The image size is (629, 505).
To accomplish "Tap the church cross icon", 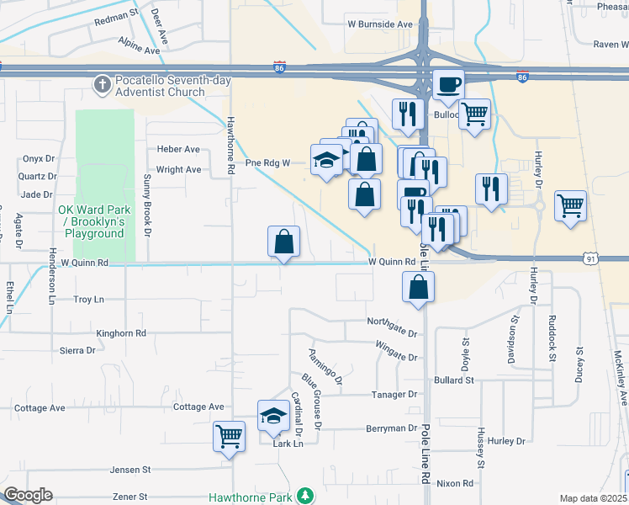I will [x=102, y=83].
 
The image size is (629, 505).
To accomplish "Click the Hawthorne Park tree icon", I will [x=307, y=496].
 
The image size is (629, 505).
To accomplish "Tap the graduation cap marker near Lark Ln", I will [x=272, y=416].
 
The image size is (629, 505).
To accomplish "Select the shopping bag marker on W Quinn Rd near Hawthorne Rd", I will [x=284, y=242].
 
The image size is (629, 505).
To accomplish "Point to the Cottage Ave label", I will [x=40, y=408].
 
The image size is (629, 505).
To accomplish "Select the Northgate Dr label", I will [x=392, y=322].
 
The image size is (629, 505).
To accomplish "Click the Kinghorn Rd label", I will [x=121, y=333].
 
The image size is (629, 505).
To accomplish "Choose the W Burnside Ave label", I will [x=380, y=24].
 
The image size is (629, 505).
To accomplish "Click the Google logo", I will [x=27, y=495].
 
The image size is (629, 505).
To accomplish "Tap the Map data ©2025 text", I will [x=592, y=498].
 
